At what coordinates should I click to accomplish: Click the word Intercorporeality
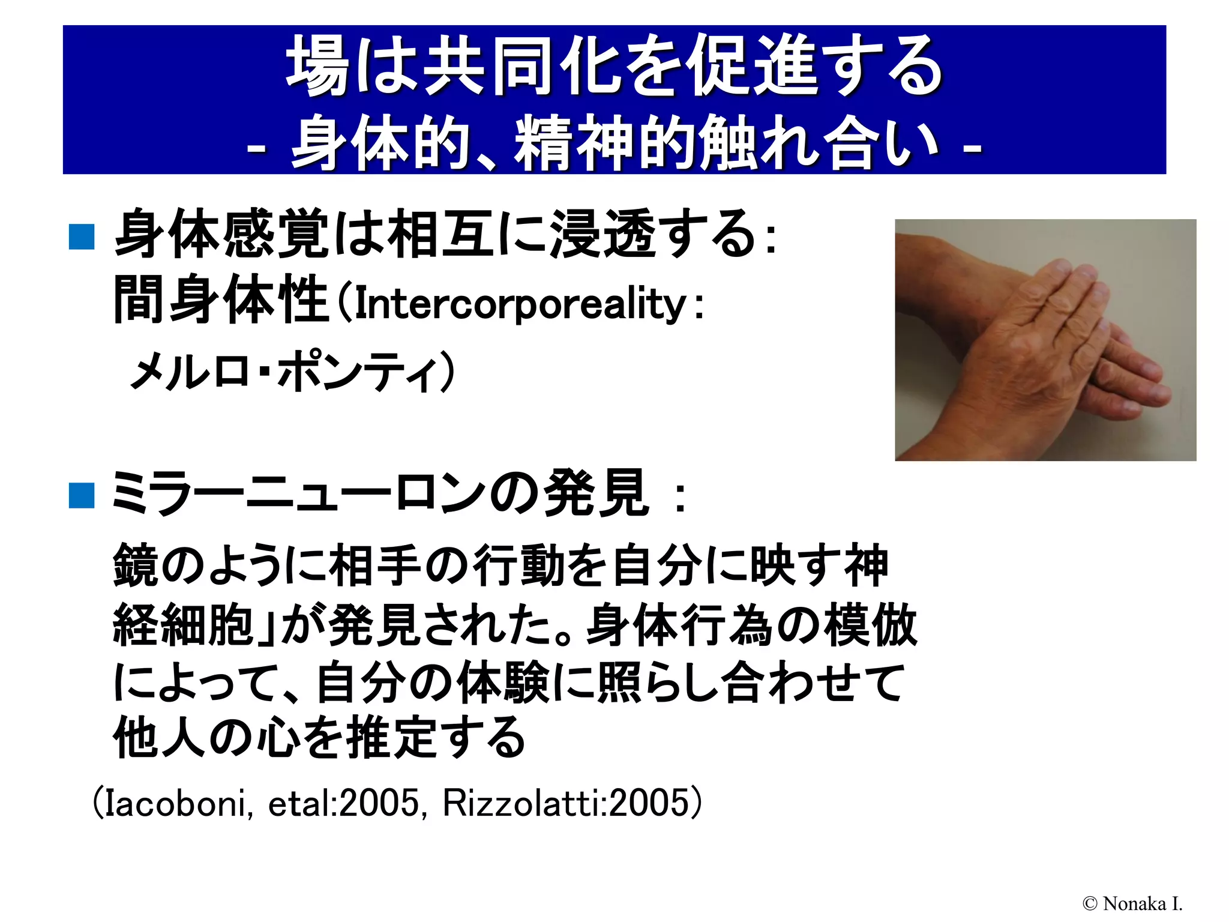[520, 304]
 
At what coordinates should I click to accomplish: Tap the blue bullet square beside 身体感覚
[82, 237]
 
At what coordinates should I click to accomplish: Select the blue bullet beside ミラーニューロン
[82, 495]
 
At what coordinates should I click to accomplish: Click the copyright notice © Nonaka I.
[1132, 903]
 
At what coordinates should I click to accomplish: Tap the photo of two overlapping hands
[1045, 340]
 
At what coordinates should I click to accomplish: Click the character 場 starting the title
[318, 65]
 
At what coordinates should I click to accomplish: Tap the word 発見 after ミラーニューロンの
[595, 494]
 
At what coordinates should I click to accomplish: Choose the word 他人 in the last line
[160, 737]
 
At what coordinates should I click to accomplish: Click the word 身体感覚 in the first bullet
[222, 234]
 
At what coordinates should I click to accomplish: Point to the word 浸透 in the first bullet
[603, 234]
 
